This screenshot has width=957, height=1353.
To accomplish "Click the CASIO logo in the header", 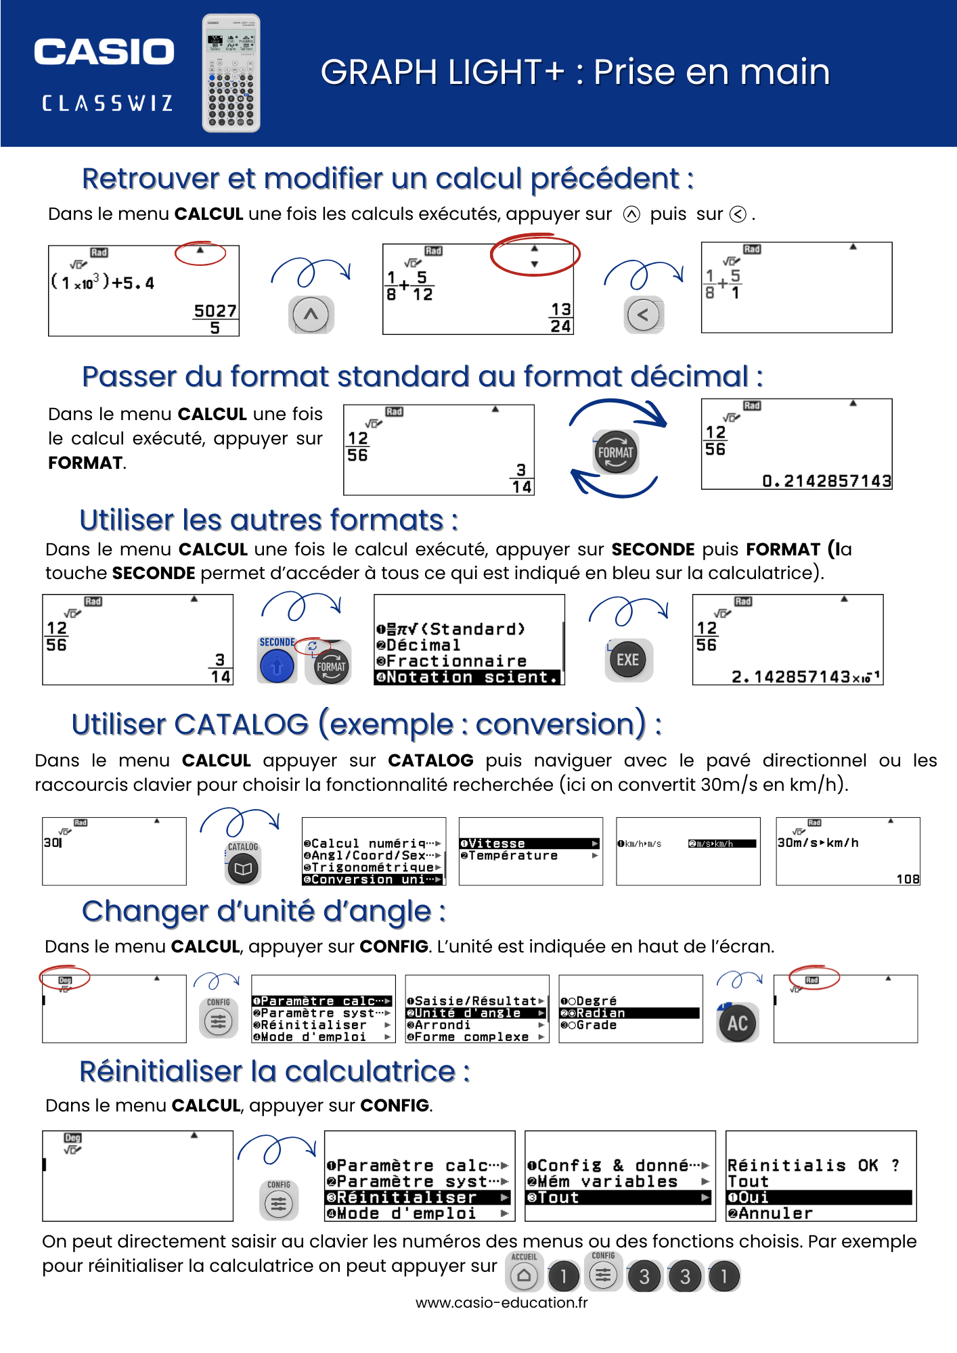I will pos(104,52).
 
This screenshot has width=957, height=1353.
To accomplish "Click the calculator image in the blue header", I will pos(231,73).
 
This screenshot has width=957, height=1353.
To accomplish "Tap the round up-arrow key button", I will pos(311,315).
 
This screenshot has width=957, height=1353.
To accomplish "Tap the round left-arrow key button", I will pos(644,315).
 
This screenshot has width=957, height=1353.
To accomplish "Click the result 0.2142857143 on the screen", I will pos(826,481).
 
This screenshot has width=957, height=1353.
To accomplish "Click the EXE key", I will pos(627,660).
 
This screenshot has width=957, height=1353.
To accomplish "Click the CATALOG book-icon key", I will pos(243,869).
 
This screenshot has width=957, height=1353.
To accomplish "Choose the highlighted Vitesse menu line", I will pos(529,844).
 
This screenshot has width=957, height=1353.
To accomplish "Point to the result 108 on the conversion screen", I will pos(908,879).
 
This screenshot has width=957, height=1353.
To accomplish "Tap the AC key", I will pos(737,1023).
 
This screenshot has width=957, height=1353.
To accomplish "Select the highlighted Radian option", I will pos(629,1013).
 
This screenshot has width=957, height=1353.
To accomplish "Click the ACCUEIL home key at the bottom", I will pos(524,1276).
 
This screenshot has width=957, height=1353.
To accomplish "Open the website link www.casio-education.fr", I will pos(502,1302).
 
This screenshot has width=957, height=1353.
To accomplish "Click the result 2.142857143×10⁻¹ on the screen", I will pos(805,676).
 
